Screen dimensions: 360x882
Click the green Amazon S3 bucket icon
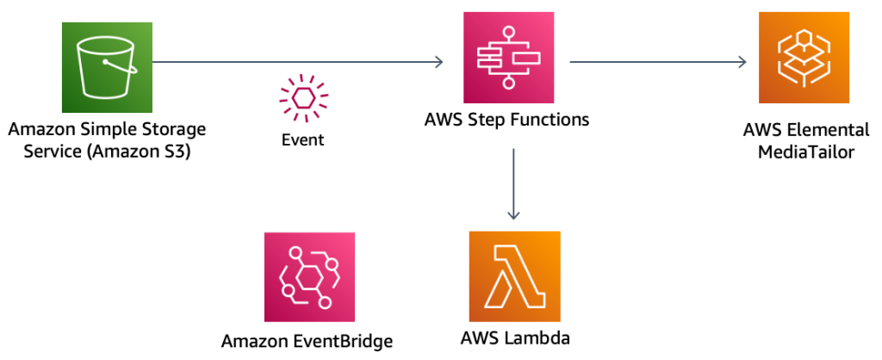(107, 63)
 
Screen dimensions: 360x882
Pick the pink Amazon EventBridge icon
(309, 276)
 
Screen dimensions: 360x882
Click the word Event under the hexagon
(303, 140)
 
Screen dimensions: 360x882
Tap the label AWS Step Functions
(506, 120)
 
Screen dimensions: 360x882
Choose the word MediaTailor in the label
(806, 152)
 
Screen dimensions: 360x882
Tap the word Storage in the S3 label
(177, 130)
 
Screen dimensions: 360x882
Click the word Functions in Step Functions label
(548, 120)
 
